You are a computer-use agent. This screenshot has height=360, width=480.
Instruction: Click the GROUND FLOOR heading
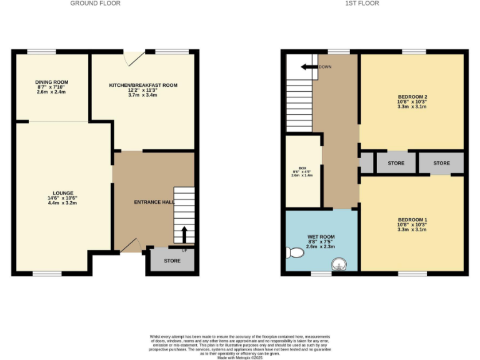(x=95, y=4)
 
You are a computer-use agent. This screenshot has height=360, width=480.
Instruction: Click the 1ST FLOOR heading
(x=362, y=4)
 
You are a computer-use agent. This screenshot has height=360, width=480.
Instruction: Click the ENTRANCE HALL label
(x=154, y=202)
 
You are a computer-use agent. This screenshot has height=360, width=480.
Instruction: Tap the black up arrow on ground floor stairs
(x=184, y=235)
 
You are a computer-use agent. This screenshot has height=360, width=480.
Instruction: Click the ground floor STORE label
(x=172, y=261)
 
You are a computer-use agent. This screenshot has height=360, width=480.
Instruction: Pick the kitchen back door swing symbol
(x=132, y=58)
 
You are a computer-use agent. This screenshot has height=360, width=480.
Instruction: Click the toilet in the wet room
(x=292, y=252)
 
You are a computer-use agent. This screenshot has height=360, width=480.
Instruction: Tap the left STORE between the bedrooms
(x=396, y=163)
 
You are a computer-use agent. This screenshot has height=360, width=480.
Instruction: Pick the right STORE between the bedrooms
(x=441, y=163)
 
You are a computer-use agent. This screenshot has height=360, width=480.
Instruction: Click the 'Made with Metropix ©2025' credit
(x=239, y=357)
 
